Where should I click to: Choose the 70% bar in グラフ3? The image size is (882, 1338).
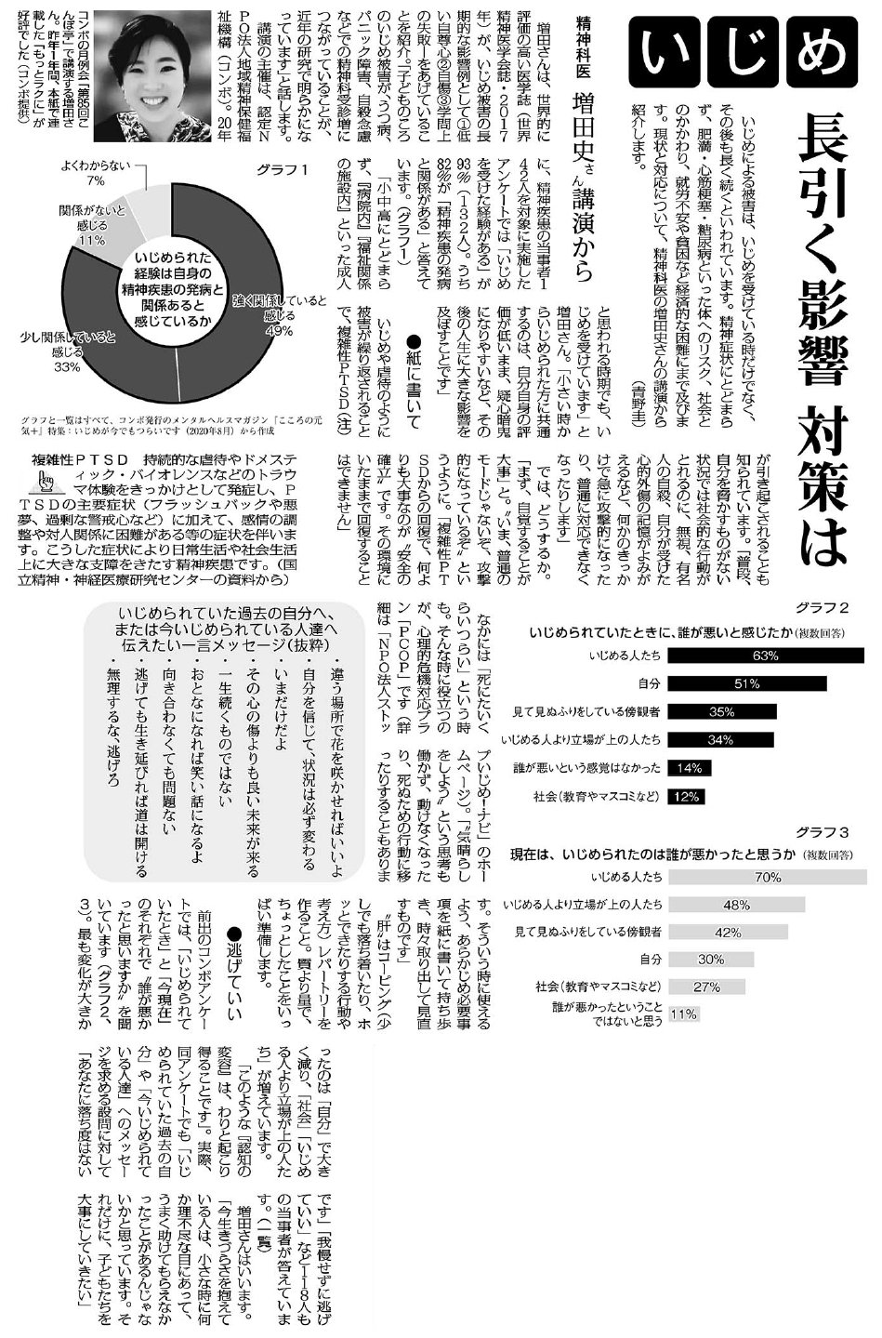[767, 877]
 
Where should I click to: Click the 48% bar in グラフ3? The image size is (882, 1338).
[735, 904]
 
